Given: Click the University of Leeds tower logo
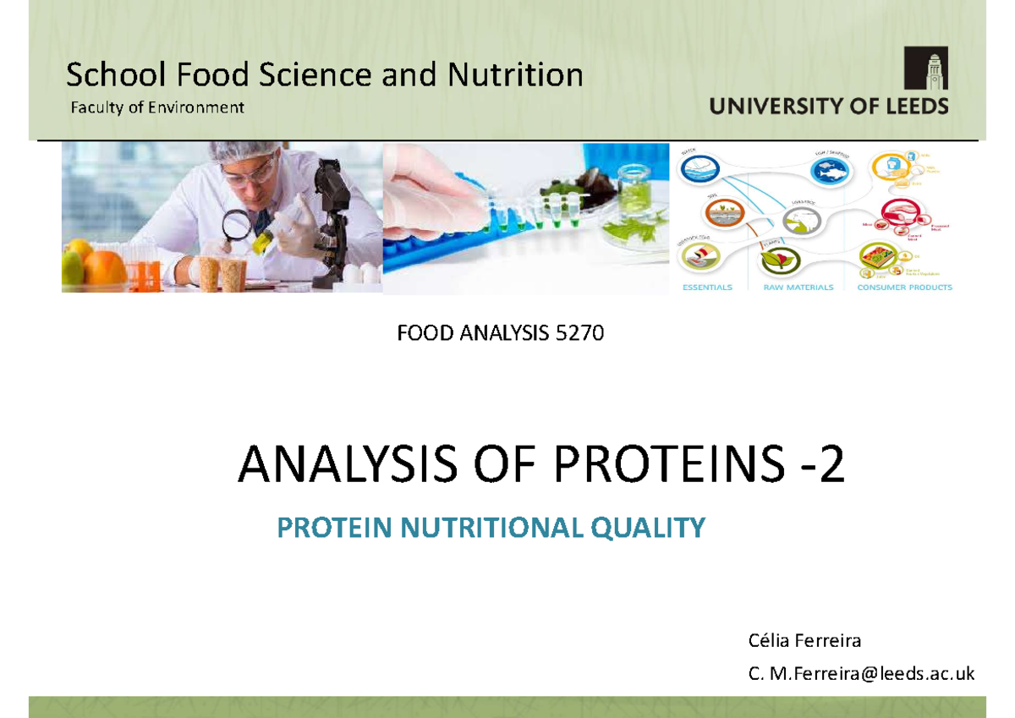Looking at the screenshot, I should tap(925, 68).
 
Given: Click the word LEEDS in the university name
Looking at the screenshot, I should tap(913, 107).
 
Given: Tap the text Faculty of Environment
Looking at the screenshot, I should tap(156, 107).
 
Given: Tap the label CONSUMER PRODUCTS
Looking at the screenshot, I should tap(906, 288).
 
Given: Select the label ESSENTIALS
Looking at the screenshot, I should tap(707, 288).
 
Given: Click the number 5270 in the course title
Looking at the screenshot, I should tap(579, 334).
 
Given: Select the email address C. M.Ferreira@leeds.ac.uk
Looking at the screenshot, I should tap(861, 673).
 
